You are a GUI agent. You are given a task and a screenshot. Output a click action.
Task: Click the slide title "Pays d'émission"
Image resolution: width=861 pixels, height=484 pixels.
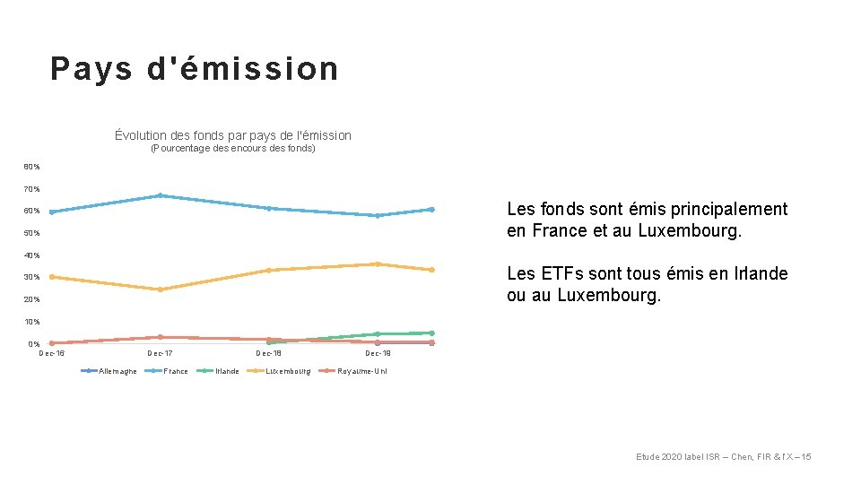195,69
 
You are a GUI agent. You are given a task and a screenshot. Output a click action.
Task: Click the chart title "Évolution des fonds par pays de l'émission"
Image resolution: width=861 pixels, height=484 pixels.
233,135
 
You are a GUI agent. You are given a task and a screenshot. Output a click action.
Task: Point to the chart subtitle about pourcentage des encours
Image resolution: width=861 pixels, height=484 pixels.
233,148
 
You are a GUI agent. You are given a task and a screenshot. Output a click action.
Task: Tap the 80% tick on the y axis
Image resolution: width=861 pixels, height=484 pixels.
32,167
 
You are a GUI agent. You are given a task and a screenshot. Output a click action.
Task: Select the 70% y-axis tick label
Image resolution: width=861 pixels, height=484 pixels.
32,189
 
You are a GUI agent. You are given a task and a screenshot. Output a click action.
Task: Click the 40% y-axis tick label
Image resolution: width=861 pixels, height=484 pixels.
32,255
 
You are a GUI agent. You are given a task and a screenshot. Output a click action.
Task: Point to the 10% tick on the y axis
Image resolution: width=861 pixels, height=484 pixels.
32,322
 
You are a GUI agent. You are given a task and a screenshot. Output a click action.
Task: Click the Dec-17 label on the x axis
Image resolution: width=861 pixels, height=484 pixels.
160,353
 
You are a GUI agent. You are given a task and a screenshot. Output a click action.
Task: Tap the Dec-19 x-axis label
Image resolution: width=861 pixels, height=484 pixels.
378,353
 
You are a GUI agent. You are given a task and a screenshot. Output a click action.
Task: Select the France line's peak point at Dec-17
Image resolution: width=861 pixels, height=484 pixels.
160,195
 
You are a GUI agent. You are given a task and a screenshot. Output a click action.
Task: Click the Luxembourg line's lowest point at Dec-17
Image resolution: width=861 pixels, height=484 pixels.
160,290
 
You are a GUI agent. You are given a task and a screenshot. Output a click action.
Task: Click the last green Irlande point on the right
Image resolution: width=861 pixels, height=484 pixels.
431,333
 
